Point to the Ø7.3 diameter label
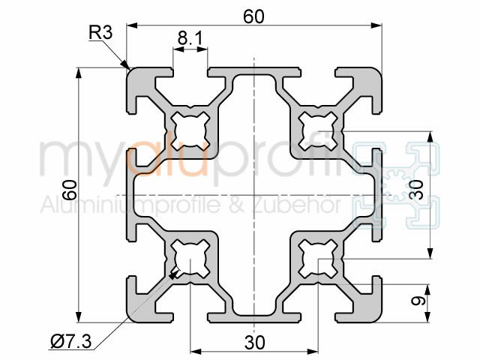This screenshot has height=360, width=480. coord(71,343)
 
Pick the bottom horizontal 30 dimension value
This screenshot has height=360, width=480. coord(254,342)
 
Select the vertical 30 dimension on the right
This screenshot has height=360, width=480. coord(421,194)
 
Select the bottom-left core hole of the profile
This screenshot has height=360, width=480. coord(189,258)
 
